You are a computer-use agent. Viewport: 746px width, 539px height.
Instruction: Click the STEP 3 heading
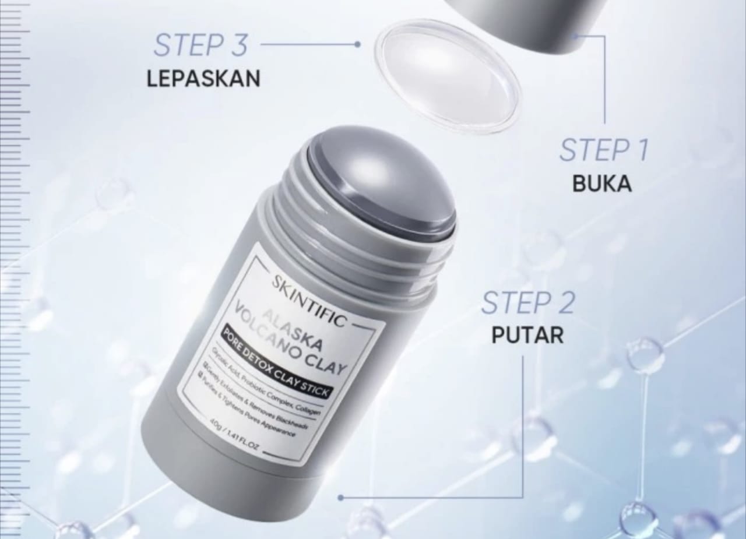(x=200, y=45)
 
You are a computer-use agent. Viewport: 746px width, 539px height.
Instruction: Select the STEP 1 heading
(x=603, y=150)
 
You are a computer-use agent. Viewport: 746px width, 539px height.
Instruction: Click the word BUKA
(x=602, y=184)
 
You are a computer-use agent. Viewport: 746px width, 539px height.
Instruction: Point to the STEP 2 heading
(x=528, y=302)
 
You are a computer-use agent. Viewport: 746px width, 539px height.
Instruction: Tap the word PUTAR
(x=527, y=336)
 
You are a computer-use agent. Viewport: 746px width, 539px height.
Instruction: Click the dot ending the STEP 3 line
(x=357, y=44)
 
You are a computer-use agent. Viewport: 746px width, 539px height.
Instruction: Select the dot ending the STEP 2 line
(x=340, y=498)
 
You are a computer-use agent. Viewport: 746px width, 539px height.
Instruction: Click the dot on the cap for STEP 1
(x=576, y=36)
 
